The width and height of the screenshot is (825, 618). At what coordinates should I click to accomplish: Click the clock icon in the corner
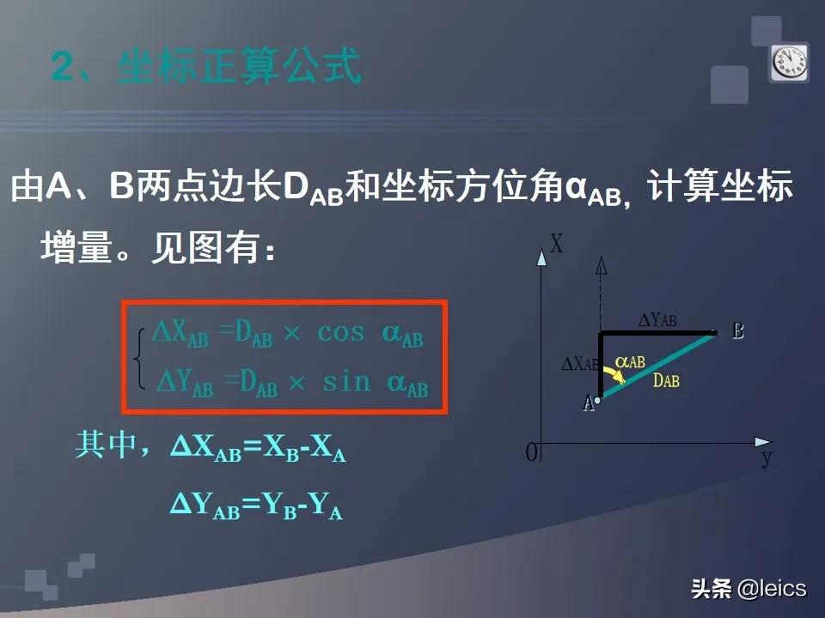pyautogui.click(x=788, y=63)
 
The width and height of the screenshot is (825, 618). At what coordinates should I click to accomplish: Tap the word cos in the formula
pyautogui.click(x=341, y=333)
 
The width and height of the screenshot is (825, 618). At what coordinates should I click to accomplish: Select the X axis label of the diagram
pyautogui.click(x=557, y=245)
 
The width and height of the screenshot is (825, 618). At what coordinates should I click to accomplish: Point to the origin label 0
pyautogui.click(x=531, y=452)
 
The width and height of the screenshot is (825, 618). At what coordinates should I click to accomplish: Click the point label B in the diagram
pyautogui.click(x=737, y=330)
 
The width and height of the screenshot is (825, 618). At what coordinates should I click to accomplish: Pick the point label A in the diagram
pyautogui.click(x=588, y=403)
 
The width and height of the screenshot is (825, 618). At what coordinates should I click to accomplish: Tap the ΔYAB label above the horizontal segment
pyautogui.click(x=657, y=320)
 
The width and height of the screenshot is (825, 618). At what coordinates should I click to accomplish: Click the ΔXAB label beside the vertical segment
pyautogui.click(x=579, y=364)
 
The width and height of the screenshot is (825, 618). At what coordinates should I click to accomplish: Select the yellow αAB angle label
pyautogui.click(x=631, y=362)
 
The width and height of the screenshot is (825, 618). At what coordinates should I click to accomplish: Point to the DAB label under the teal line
pyautogui.click(x=665, y=380)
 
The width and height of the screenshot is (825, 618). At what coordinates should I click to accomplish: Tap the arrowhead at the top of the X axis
pyautogui.click(x=541, y=256)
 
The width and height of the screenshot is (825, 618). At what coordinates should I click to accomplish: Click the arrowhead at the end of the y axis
pyautogui.click(x=763, y=442)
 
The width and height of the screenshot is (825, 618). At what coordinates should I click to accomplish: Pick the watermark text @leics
pyautogui.click(x=772, y=588)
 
